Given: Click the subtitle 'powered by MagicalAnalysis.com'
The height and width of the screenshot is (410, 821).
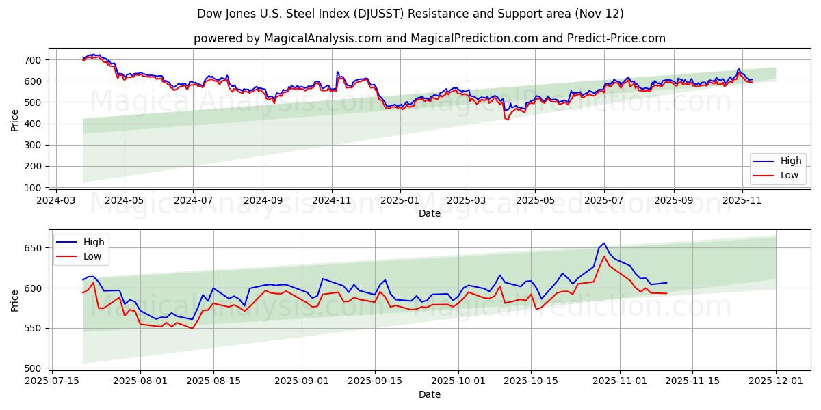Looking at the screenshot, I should [x=287, y=38].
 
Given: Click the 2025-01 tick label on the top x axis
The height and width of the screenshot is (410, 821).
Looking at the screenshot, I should [x=400, y=201].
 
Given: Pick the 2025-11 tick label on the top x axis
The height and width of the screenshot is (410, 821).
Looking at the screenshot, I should [x=742, y=201].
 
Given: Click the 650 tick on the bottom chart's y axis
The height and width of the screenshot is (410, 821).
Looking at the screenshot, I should [x=35, y=248].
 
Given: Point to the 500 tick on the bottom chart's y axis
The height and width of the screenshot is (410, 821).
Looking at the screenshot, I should [x=35, y=368].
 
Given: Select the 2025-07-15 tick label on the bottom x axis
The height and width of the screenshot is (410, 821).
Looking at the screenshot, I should [x=52, y=381].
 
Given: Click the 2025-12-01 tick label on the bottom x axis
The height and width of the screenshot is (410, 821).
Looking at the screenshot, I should [x=776, y=381].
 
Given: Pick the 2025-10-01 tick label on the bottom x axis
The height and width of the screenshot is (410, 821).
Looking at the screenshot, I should [x=458, y=381].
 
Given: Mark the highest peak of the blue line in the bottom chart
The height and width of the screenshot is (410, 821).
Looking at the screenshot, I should [x=604, y=243].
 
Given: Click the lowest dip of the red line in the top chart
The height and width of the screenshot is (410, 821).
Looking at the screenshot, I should [x=508, y=120].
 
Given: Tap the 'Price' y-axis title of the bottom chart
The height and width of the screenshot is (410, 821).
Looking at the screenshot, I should [x=15, y=300].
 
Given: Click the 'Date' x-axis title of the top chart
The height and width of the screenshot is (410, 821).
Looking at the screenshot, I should [x=430, y=213].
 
